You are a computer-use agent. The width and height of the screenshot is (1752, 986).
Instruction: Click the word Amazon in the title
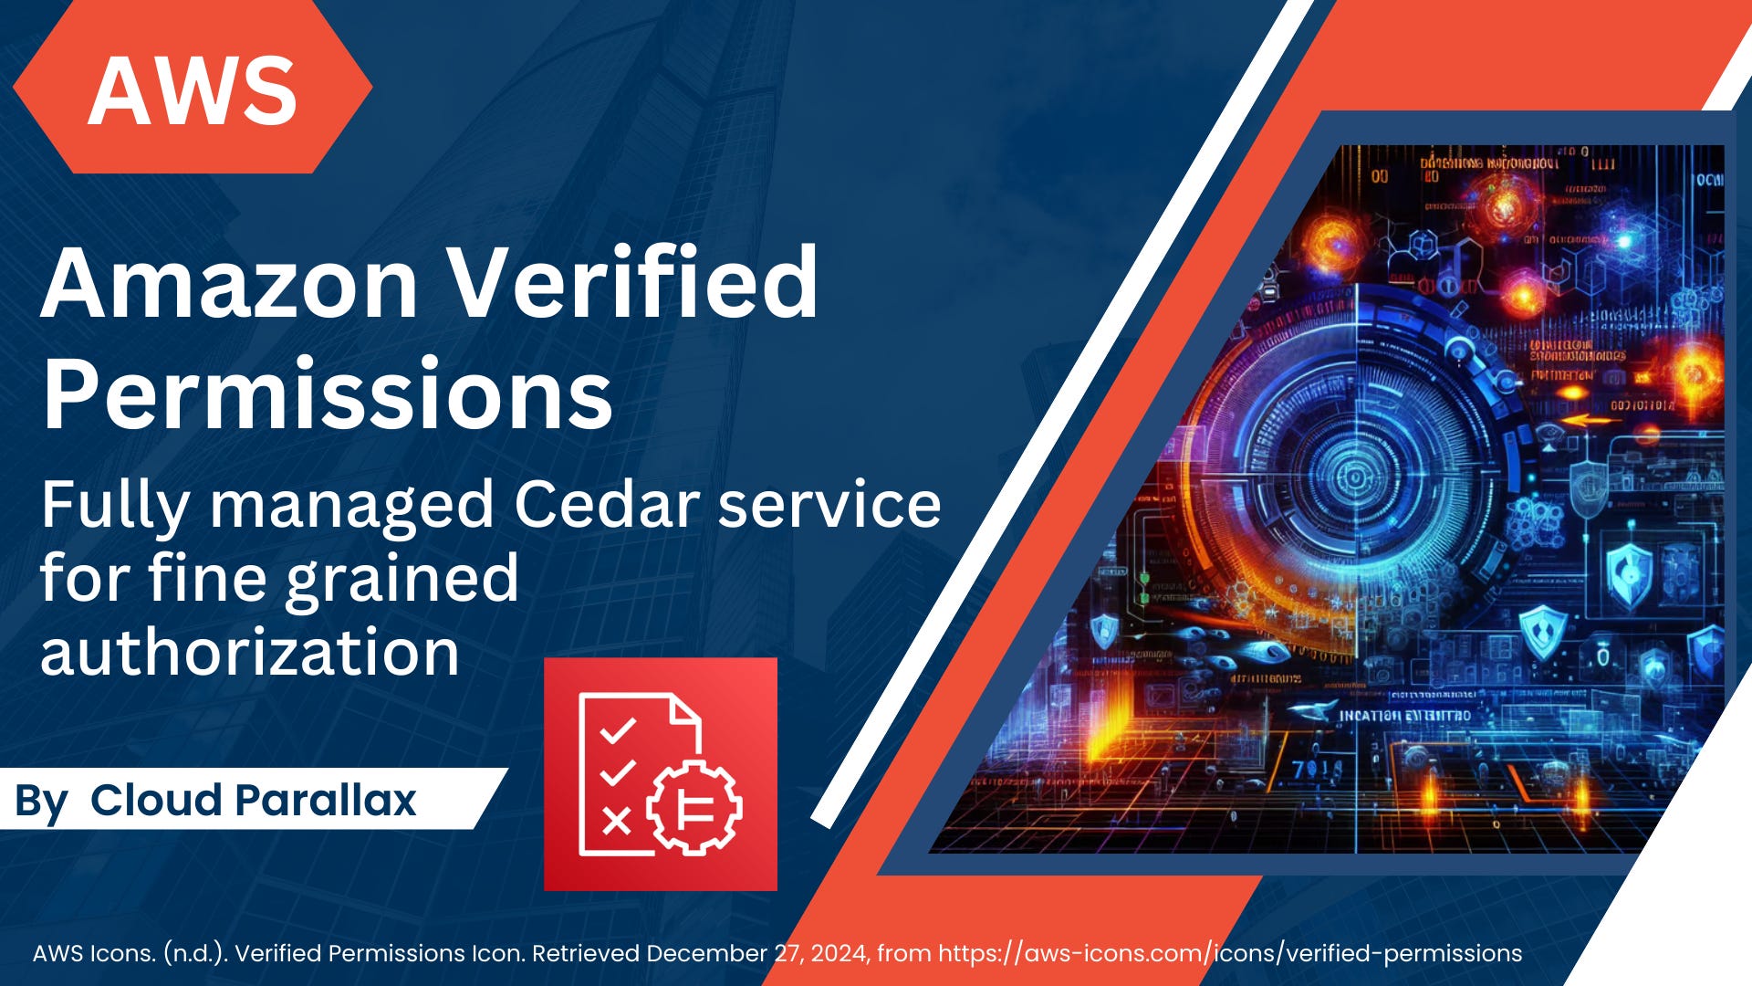pos(229,283)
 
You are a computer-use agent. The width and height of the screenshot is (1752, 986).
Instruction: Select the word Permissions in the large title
pos(327,394)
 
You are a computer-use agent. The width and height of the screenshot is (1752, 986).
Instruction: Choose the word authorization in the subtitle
pos(249,652)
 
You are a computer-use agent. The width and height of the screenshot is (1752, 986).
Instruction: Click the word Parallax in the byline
pos(325,800)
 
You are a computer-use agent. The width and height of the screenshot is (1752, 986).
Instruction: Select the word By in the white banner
pos(41,802)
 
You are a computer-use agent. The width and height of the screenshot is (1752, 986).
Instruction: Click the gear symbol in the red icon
pos(694,807)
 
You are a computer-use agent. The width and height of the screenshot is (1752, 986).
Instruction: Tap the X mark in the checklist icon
pos(617,821)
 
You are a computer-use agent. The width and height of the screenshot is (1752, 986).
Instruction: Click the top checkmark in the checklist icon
pos(617,731)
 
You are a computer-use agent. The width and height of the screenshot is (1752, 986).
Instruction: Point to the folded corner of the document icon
pos(685,712)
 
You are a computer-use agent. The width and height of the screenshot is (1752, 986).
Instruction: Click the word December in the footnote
pos(707,953)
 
